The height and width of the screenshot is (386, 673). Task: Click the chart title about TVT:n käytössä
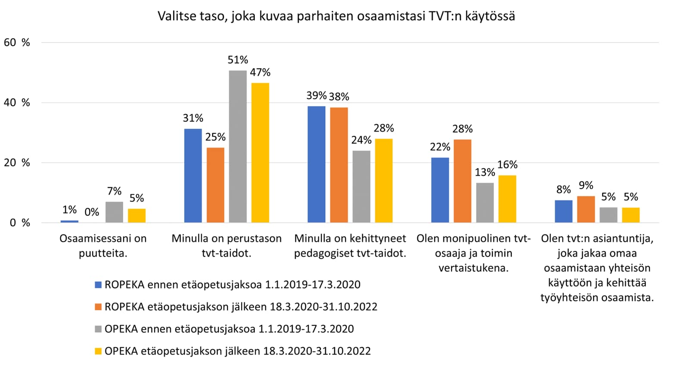336,16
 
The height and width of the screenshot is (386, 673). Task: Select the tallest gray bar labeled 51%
238,146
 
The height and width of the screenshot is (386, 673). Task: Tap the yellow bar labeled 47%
260,153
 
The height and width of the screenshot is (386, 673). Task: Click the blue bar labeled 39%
316,164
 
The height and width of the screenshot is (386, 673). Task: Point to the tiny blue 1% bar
69,221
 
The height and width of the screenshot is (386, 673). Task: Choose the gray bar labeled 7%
114,212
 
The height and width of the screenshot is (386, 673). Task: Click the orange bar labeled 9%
586,209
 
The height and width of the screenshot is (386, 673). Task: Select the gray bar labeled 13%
485,202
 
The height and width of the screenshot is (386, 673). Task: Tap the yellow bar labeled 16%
507,199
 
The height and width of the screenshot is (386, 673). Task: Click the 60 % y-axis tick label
17,42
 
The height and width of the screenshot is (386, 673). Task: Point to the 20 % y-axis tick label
17,162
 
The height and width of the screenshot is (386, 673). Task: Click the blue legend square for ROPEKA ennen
98,285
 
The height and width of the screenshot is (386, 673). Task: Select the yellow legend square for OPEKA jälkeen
98,351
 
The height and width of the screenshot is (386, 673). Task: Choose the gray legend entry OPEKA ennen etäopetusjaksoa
229,329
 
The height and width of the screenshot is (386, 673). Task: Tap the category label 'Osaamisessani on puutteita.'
103,246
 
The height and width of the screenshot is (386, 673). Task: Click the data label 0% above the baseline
91,212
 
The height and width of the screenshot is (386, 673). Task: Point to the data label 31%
193,118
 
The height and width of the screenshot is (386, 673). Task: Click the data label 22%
440,147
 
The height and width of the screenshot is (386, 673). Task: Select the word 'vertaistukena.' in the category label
473,268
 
